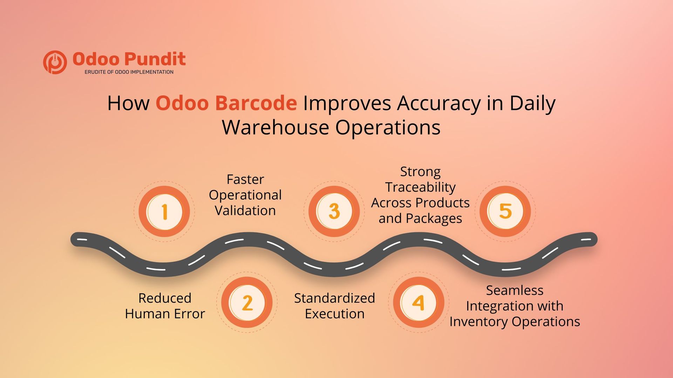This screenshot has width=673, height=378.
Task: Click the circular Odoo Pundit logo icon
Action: pyautogui.click(x=55, y=62)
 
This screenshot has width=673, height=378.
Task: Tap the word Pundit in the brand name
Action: pyautogui.click(x=155, y=59)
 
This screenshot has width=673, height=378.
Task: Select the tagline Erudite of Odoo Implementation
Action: pyautogui.click(x=129, y=72)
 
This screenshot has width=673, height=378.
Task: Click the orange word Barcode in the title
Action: pyautogui.click(x=256, y=103)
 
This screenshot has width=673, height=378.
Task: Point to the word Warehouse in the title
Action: pyautogui.click(x=275, y=127)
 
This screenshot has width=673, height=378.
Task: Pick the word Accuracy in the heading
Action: pyautogui.click(x=439, y=104)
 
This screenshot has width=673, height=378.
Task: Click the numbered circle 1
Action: pyautogui.click(x=164, y=211)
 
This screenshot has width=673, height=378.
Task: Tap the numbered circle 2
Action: pyautogui.click(x=247, y=302)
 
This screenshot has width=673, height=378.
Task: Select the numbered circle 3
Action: pyautogui.click(x=334, y=211)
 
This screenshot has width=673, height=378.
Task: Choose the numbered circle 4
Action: pyautogui.click(x=418, y=302)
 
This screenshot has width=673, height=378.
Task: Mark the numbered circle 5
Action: pyautogui.click(x=505, y=211)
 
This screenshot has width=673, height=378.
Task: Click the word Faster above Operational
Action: pyautogui.click(x=245, y=180)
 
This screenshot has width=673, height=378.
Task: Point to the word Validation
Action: pyautogui.click(x=245, y=211)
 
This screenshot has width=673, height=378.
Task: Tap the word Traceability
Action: pyautogui.click(x=420, y=187)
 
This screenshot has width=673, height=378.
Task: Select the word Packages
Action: pyautogui.click(x=434, y=219)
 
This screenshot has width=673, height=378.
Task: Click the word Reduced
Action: pyautogui.click(x=165, y=298)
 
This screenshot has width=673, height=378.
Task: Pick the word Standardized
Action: pyautogui.click(x=334, y=298)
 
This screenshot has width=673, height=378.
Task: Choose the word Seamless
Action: pyautogui.click(x=515, y=290)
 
